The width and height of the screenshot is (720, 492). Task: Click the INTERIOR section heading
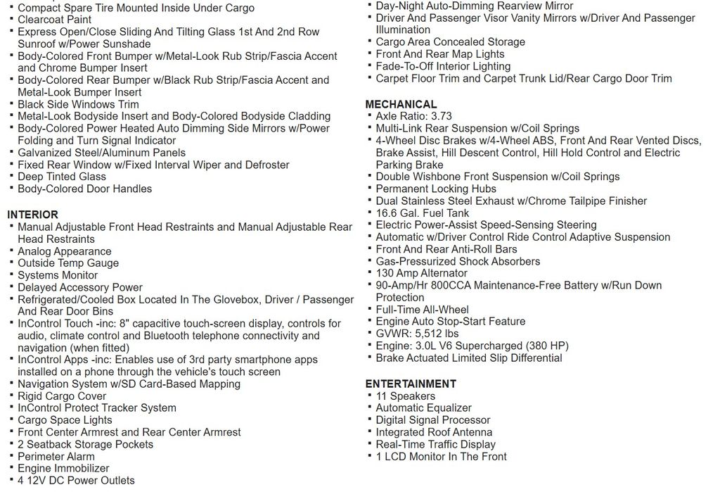point(32,215)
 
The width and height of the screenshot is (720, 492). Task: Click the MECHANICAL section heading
point(401,104)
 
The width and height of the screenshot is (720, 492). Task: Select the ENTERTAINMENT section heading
point(411,384)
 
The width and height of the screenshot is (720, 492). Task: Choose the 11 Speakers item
point(405,396)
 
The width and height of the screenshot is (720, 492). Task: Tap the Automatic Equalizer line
point(423,408)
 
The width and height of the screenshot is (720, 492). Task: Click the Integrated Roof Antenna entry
point(434,432)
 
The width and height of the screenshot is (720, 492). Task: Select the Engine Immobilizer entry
point(63,468)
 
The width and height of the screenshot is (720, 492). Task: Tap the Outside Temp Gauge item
point(68,263)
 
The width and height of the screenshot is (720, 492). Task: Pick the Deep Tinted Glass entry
point(62,177)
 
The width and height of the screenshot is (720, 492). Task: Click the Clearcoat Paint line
point(54,20)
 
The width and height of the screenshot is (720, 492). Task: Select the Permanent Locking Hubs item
point(436,189)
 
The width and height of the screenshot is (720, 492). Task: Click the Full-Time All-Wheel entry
point(422,310)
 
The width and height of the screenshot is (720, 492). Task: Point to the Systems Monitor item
point(58,275)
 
